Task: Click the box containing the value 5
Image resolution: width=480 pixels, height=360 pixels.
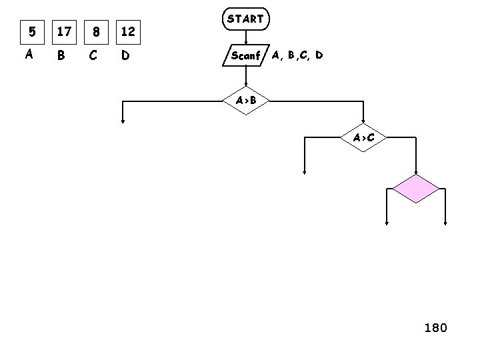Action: tap(29, 31)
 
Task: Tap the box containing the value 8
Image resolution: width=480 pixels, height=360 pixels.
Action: tap(96, 31)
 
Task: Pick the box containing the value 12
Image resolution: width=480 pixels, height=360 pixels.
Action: tap(129, 31)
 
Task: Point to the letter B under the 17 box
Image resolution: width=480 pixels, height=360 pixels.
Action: tap(61, 56)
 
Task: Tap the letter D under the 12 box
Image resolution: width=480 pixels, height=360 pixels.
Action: tap(125, 56)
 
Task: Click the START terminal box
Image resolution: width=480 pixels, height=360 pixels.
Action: tap(245, 19)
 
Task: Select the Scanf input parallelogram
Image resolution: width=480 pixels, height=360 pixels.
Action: tap(245, 55)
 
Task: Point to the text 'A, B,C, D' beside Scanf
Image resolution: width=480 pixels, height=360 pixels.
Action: tap(297, 55)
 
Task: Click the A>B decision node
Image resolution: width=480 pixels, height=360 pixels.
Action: tap(245, 101)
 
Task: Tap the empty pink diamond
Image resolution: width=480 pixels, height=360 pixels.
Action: tap(416, 189)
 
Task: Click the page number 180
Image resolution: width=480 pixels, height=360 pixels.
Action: tap(436, 327)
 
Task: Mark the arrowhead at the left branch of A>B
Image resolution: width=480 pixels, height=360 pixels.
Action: tap(123, 121)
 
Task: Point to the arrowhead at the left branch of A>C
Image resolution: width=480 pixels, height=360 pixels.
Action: tap(304, 171)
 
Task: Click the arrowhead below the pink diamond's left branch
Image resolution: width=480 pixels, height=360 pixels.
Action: tap(387, 224)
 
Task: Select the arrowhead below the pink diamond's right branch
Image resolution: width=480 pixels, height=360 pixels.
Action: tap(445, 224)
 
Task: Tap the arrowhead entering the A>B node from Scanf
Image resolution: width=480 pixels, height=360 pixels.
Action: tap(245, 85)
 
